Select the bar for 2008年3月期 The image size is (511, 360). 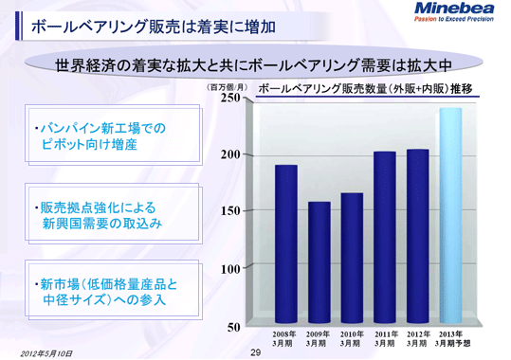click(x=285, y=245)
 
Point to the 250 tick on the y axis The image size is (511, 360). click(x=231, y=98)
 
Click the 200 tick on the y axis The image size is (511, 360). click(x=231, y=154)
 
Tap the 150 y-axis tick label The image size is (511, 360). click(x=231, y=212)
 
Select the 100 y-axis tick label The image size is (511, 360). click(x=231, y=269)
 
